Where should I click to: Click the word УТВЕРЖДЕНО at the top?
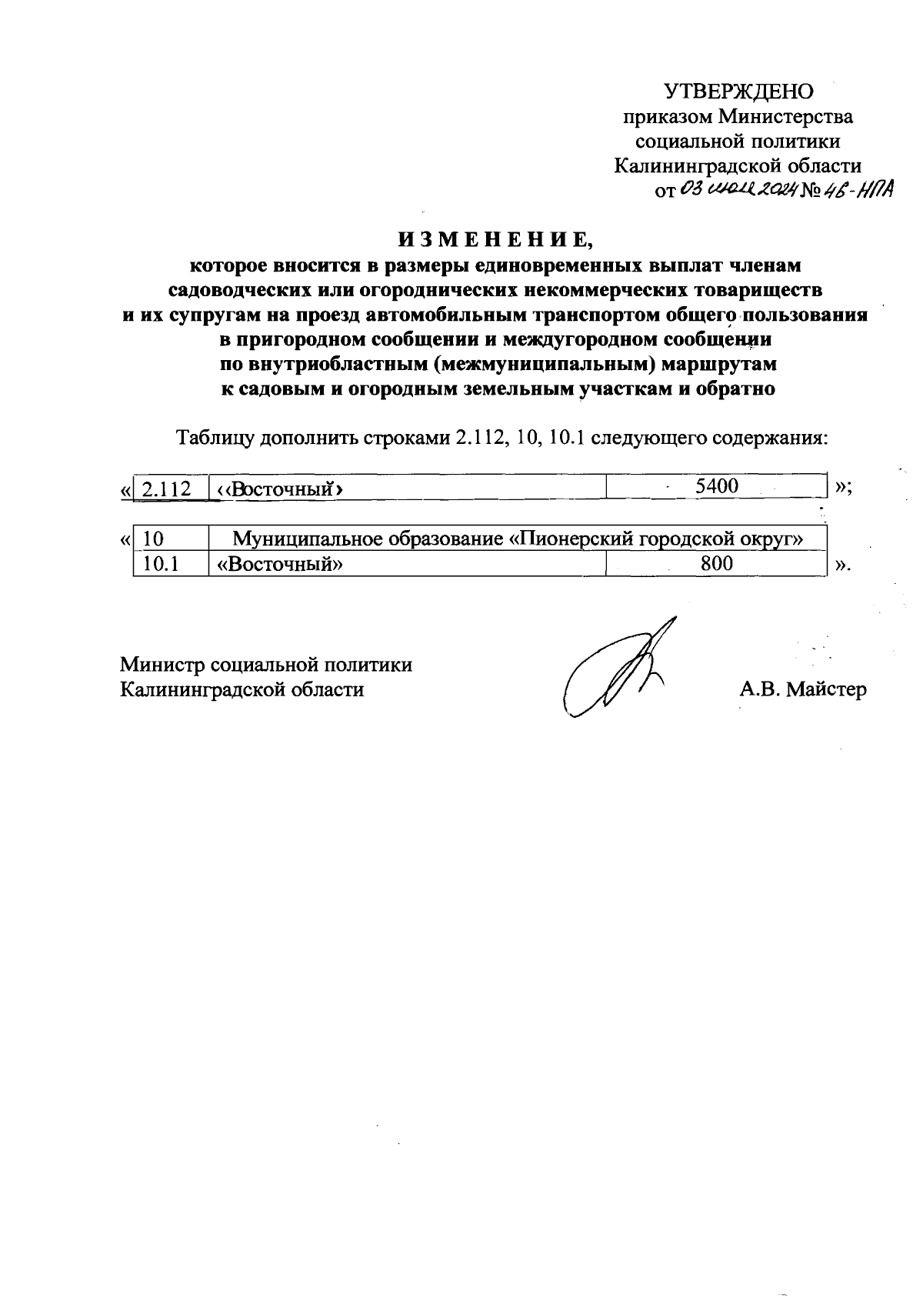tap(739, 92)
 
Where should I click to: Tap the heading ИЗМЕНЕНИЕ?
tap(495, 239)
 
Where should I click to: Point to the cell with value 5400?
tap(716, 486)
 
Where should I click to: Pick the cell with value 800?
tap(716, 564)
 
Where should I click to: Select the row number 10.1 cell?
tap(161, 564)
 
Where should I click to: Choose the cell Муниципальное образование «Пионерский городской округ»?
tap(518, 539)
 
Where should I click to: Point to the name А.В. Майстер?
tap(802, 689)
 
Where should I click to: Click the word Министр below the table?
tap(161, 664)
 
